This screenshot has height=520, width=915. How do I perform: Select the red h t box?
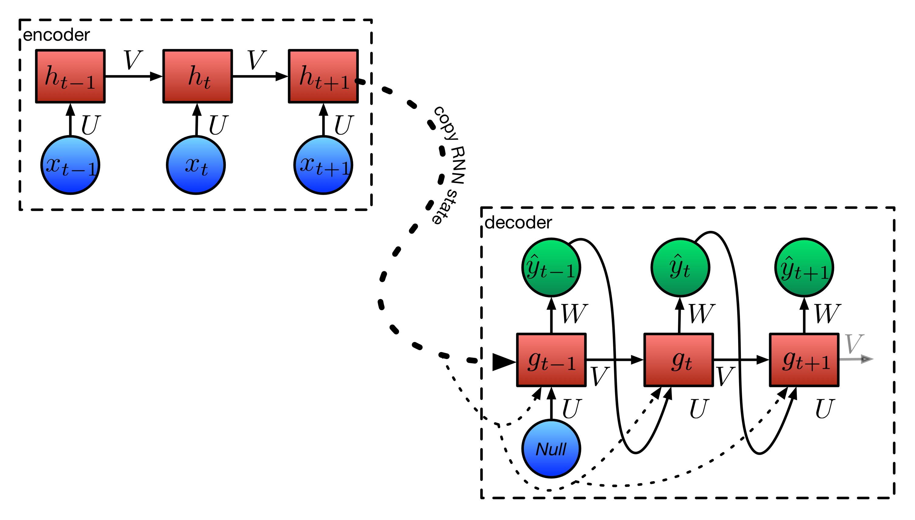coord(197,76)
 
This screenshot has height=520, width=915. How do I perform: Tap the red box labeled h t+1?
coord(323,76)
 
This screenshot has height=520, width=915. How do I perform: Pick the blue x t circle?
coord(196,165)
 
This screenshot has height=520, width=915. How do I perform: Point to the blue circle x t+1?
coord(323,165)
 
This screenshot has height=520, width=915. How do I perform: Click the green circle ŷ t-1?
coord(551,267)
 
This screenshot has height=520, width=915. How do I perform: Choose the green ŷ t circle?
coord(680,267)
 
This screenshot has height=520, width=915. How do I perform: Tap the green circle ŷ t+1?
coord(804,267)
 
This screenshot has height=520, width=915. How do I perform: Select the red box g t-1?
coord(551,360)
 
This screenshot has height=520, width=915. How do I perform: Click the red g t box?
coord(678,360)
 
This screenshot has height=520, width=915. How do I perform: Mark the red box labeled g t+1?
coord(804,360)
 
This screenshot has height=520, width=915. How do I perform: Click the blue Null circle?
coord(551,448)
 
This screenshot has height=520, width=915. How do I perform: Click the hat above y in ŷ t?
coord(677,256)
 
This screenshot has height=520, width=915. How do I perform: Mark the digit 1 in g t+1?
coord(825,363)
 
